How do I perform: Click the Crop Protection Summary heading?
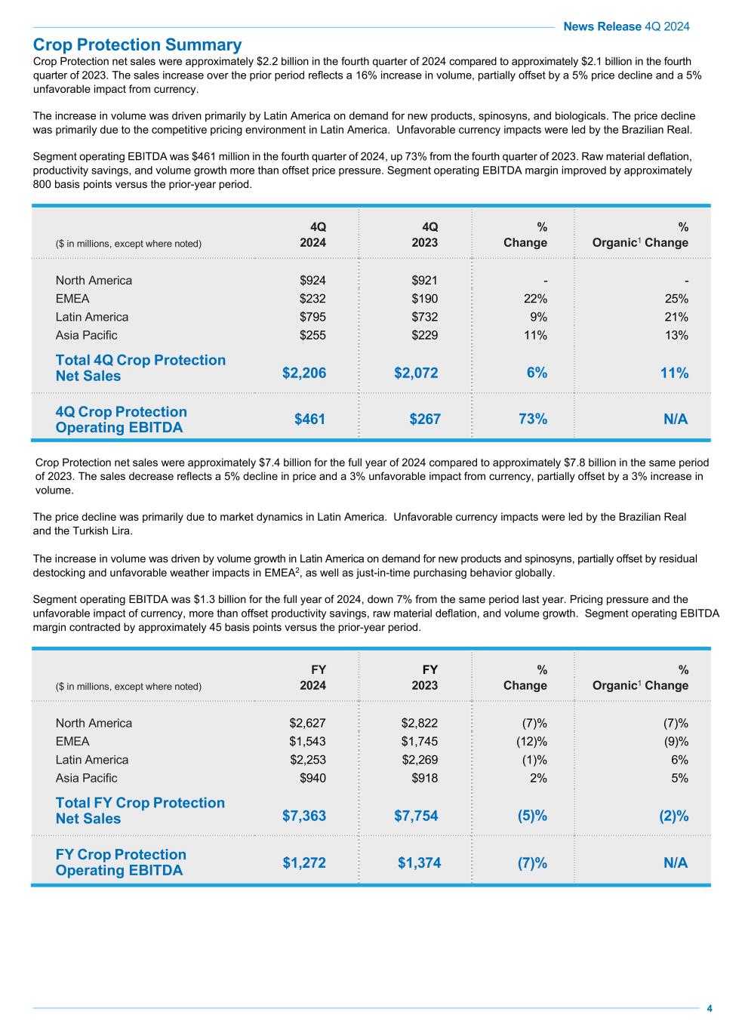click(137, 45)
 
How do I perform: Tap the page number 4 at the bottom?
click(709, 1009)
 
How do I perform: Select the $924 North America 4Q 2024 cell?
click(312, 281)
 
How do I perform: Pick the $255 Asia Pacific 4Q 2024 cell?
click(312, 335)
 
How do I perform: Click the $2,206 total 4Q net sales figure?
click(304, 373)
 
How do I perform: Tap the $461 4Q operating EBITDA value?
click(310, 419)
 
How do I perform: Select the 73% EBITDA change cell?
click(533, 419)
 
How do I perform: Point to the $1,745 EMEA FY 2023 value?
click(419, 741)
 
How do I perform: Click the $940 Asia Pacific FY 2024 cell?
click(312, 778)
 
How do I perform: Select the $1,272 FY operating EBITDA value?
click(304, 862)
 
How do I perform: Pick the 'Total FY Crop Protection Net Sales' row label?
click(140, 810)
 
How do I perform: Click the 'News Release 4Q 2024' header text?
click(626, 26)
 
